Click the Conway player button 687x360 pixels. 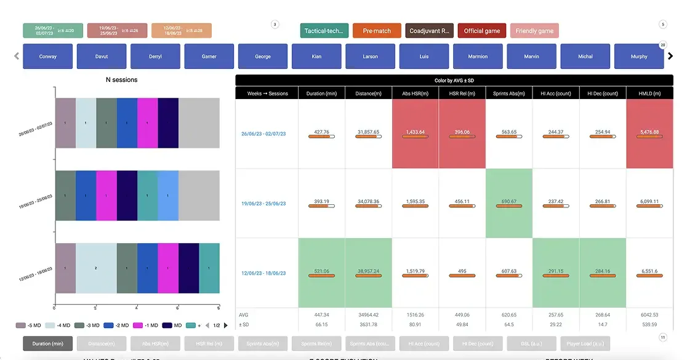click(47, 57)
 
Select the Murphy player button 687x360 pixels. click(639, 57)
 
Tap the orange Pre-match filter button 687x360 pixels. click(377, 31)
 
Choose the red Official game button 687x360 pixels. click(482, 31)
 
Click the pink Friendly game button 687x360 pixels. click(534, 31)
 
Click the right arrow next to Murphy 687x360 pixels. click(670, 56)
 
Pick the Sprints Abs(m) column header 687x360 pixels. click(508, 94)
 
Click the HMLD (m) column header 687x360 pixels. click(649, 94)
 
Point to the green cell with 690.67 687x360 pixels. click(508, 203)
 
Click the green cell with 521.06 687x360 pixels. click(321, 273)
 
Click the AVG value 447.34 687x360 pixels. click(321, 314)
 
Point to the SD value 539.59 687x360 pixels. click(649, 324)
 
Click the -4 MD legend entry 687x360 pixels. click(60, 325)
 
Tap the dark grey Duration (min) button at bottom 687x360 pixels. click(48, 343)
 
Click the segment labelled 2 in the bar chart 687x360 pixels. click(96, 268)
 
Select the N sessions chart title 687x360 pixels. click(122, 79)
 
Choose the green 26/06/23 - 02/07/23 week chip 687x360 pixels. click(53, 31)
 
